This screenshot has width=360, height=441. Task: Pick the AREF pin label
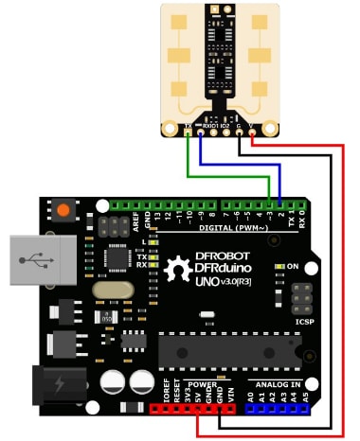point(135,220)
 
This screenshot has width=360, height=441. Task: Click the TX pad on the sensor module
point(189,125)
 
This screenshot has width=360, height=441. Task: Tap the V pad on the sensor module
point(252,125)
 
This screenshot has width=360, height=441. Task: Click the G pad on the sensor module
point(239,125)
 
